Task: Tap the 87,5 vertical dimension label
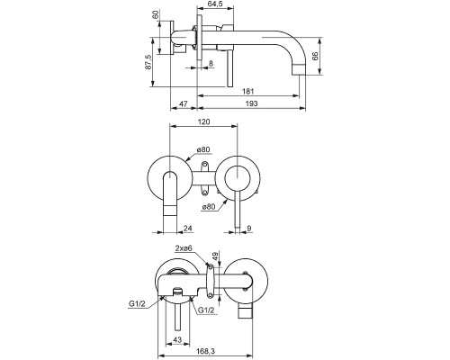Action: point(148,62)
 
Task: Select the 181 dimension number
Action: point(248,91)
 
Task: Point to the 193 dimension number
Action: point(251,103)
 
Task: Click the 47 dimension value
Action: point(184,103)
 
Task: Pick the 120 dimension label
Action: point(204,121)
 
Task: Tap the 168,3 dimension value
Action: point(205,351)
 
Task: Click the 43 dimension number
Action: point(177,340)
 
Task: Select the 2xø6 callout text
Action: point(184,247)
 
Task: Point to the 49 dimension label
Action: point(216,256)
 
